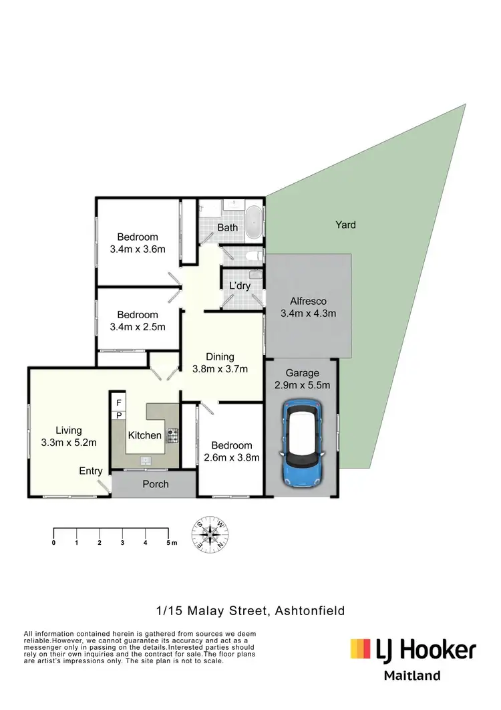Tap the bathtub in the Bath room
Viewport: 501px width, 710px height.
tap(254, 223)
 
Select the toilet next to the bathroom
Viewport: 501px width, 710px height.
tap(253, 255)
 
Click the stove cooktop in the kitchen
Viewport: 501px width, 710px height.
tap(173, 435)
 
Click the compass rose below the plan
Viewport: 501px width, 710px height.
tap(212, 535)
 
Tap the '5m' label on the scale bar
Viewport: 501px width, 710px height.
tap(171, 542)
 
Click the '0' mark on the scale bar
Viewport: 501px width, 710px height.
tap(53, 542)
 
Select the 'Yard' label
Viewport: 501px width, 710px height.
tap(345, 225)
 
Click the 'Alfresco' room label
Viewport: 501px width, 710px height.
tap(308, 301)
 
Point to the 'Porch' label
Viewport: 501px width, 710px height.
tap(156, 484)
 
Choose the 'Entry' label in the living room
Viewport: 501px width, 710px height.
tap(91, 471)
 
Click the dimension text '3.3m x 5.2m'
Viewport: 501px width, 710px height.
tap(68, 442)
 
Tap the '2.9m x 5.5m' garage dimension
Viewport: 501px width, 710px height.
tap(303, 385)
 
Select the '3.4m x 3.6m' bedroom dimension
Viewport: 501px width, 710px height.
tap(138, 249)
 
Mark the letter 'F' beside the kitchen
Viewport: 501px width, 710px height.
tap(118, 402)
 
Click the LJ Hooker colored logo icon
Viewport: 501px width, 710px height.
tap(360, 649)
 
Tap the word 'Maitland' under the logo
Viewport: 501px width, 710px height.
tap(412, 675)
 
